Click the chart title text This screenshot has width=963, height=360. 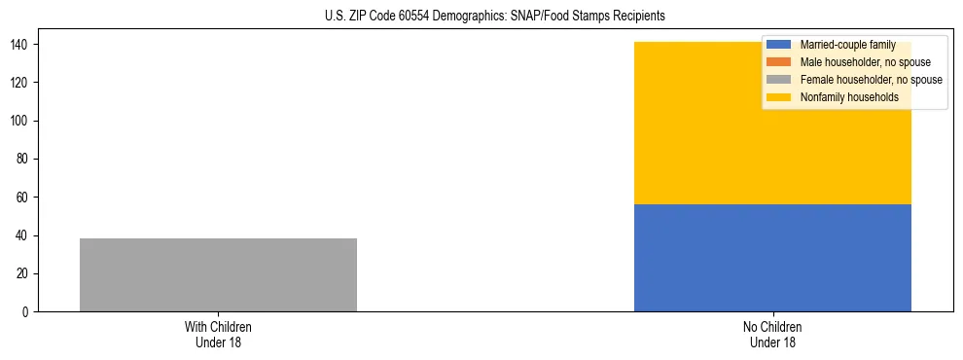(495, 17)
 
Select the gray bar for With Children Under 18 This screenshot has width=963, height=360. (218, 274)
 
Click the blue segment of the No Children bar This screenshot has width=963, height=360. (772, 258)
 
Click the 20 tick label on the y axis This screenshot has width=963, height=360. (25, 274)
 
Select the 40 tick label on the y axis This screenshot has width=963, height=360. (25, 235)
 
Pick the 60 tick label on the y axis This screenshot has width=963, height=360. (25, 198)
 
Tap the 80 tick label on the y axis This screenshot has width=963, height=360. (25, 160)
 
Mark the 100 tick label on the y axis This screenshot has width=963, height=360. (22, 122)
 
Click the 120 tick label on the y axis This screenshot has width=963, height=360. (22, 83)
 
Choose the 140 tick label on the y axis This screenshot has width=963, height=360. (22, 45)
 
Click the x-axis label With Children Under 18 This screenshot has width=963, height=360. (218, 335)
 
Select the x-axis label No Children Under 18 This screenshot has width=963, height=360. (772, 335)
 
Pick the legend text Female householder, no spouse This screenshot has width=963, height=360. (871, 80)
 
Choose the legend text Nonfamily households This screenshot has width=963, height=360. (849, 97)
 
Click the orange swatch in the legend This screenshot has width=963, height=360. (779, 62)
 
